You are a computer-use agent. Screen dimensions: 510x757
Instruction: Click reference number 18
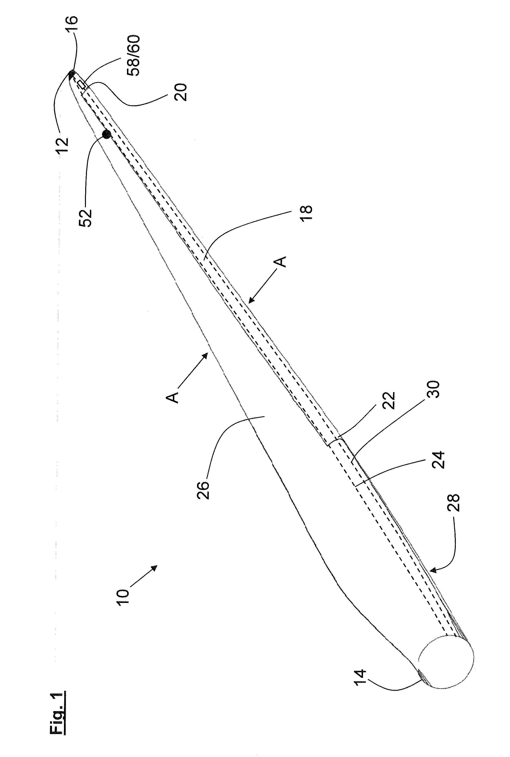[306, 213]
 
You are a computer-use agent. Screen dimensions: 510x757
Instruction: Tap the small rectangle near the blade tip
[81, 84]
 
